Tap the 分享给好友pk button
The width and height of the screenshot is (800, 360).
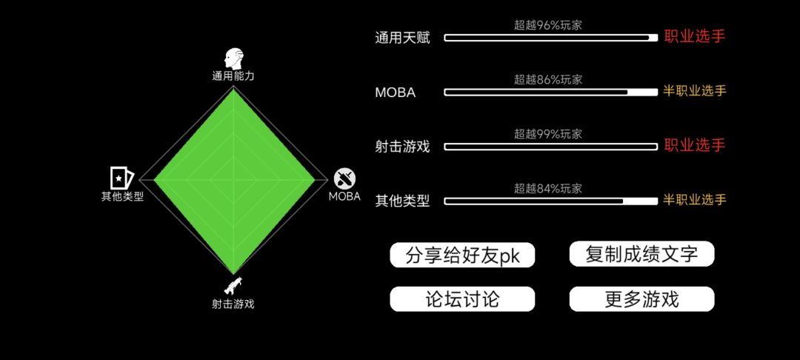click(x=462, y=255)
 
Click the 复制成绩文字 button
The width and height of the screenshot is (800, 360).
click(x=641, y=254)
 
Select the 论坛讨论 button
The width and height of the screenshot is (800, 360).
click(x=462, y=299)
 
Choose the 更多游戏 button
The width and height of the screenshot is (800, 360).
click(x=641, y=299)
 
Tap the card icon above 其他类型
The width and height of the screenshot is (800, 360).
click(x=121, y=178)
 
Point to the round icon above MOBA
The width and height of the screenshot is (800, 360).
click(x=345, y=179)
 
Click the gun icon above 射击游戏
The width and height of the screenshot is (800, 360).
click(x=233, y=286)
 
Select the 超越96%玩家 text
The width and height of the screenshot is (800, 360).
click(x=548, y=25)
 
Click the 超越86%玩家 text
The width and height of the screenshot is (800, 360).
click(x=548, y=79)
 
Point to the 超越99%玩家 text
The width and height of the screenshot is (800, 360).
click(x=548, y=134)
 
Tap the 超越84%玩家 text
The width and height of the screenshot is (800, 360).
click(x=548, y=189)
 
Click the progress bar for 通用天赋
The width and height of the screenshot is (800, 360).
click(x=551, y=38)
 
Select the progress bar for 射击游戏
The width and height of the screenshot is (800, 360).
click(x=551, y=147)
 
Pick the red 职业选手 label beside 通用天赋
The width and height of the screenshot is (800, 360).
click(x=694, y=37)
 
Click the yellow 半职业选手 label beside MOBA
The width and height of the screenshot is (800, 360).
click(x=694, y=91)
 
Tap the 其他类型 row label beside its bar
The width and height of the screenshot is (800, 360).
click(x=402, y=201)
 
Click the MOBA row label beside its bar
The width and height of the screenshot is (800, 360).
click(x=396, y=93)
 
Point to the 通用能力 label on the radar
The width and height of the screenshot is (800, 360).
click(x=233, y=76)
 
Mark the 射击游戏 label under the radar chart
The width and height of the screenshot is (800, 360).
click(x=233, y=304)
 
